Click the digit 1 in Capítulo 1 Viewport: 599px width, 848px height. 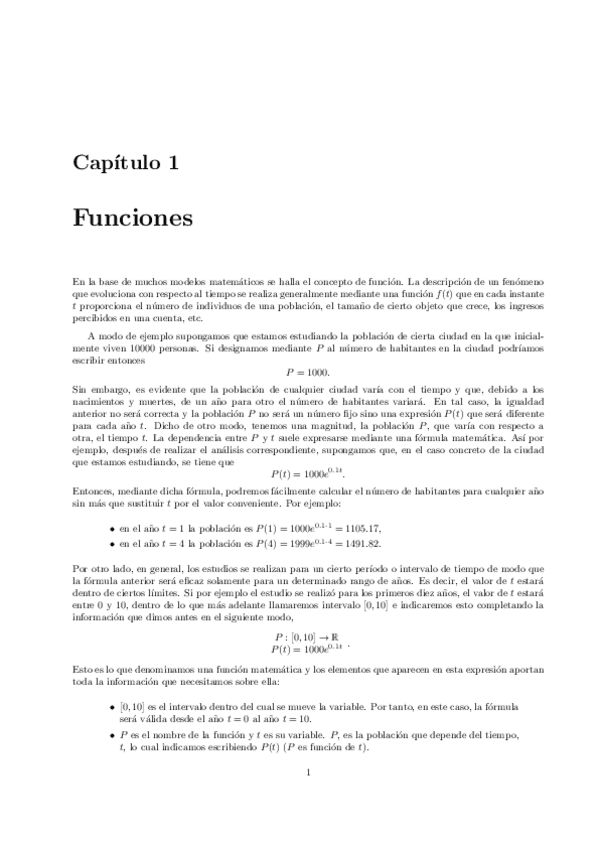[174, 163]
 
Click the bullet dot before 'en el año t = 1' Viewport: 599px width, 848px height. [109, 529]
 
